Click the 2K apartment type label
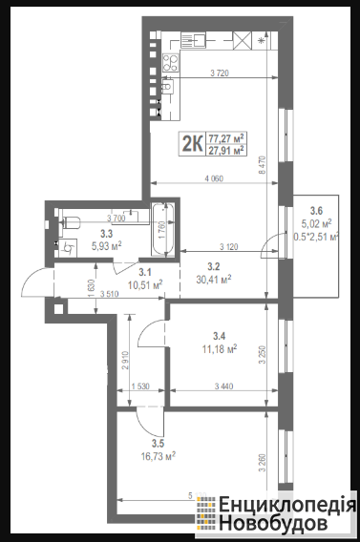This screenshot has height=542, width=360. [x=192, y=144]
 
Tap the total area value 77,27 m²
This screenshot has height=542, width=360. [x=226, y=138]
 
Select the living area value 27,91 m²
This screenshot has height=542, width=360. [x=226, y=150]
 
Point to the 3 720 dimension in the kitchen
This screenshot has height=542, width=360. [x=220, y=73]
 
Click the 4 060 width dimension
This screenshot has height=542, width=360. [x=214, y=178]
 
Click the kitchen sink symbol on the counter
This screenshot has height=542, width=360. [x=194, y=40]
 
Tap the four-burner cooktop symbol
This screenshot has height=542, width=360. [x=170, y=63]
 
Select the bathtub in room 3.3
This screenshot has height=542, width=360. [x=163, y=230]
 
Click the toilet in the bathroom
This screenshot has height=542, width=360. [x=70, y=222]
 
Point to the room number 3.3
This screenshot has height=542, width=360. [x=107, y=234]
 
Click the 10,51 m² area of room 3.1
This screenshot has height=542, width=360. [x=145, y=284]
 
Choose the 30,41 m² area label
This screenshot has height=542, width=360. [x=214, y=279]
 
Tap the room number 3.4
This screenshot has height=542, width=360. [x=220, y=336]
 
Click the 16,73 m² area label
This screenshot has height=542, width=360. [x=159, y=456]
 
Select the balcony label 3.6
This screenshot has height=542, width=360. [x=316, y=211]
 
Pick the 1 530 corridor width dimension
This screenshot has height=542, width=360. [x=140, y=386]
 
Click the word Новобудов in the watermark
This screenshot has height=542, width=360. [x=273, y=522]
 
